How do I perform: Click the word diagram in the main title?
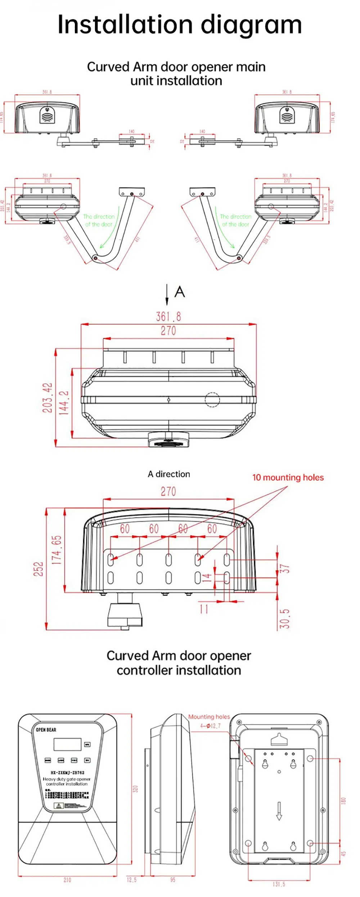(251, 25)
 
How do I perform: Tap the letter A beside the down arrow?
(180, 292)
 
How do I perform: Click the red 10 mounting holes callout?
(288, 477)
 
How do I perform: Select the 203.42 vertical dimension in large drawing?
(47, 398)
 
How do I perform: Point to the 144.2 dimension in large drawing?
(64, 403)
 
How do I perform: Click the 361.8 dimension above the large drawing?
(168, 317)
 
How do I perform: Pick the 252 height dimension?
(39, 569)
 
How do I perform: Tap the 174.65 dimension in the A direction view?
(57, 550)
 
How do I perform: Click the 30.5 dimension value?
(285, 619)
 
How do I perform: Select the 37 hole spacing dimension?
(285, 569)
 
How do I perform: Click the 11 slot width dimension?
(204, 609)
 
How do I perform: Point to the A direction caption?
(169, 474)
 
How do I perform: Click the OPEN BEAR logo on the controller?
(46, 730)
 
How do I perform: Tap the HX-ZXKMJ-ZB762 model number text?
(67, 772)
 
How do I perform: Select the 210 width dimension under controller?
(67, 880)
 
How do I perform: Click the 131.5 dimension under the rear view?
(279, 884)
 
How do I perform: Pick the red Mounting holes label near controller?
(209, 717)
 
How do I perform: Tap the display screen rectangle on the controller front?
(67, 744)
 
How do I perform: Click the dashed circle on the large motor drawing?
(212, 400)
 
